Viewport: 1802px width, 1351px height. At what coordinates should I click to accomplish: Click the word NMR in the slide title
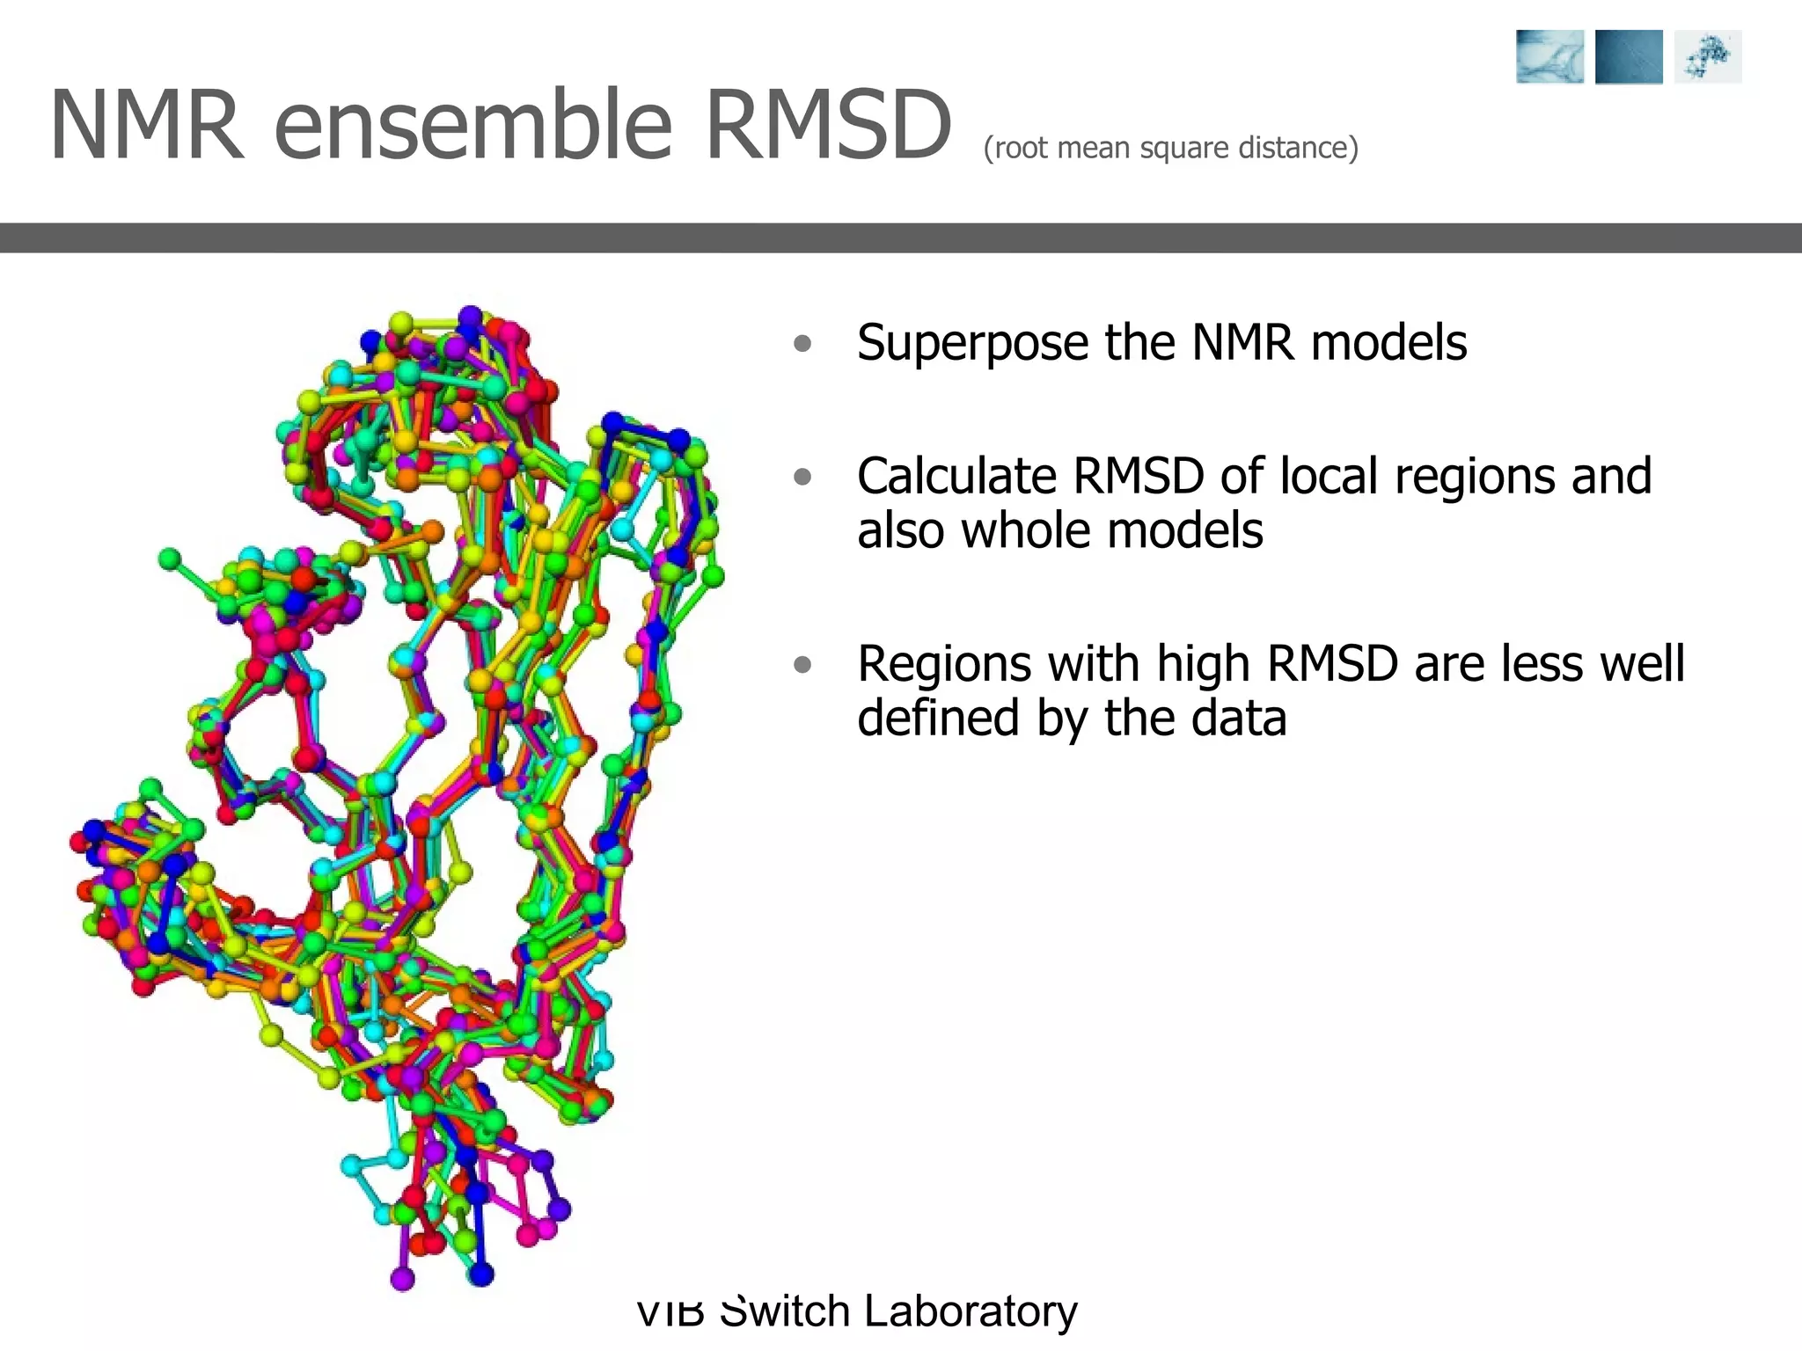click(x=146, y=126)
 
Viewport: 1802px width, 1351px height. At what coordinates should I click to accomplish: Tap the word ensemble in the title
click(x=473, y=126)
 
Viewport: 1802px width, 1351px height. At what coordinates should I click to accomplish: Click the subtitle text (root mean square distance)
click(x=1170, y=148)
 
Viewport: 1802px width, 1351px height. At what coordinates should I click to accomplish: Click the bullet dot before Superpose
click(x=802, y=343)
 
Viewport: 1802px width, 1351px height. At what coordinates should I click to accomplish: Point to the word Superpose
click(x=972, y=343)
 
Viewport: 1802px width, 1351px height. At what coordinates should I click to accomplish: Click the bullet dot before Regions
click(x=802, y=665)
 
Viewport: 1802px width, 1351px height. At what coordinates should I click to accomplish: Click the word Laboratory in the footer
click(x=970, y=1311)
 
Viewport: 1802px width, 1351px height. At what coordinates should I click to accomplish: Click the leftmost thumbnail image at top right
click(x=1549, y=57)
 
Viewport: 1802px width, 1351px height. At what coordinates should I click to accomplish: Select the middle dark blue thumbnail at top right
click(x=1629, y=57)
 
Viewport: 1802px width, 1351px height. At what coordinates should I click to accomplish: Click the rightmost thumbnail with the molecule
click(x=1708, y=57)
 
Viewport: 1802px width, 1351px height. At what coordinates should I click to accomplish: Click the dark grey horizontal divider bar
click(x=901, y=237)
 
